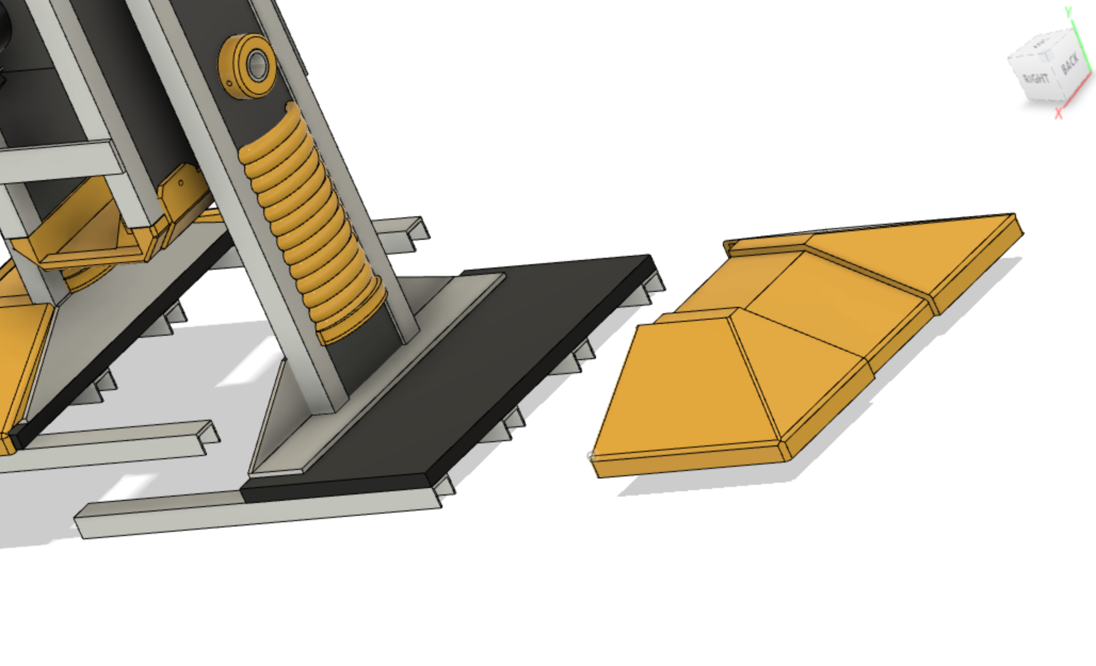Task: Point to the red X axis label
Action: [x=1059, y=113]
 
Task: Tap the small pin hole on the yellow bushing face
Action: [x=229, y=84]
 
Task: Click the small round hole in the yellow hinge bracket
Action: [x=181, y=183]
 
